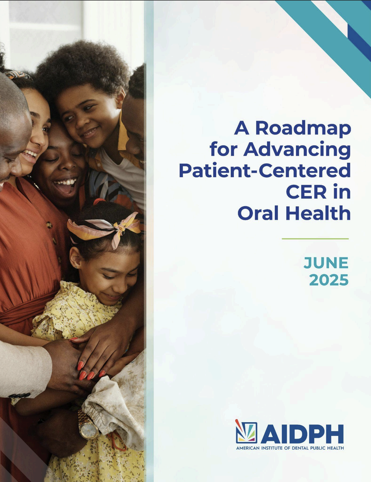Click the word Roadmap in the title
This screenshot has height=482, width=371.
click(x=303, y=128)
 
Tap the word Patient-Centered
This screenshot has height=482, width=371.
click(x=265, y=171)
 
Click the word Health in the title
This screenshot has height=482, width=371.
click(x=318, y=213)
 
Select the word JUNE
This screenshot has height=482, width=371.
click(x=326, y=263)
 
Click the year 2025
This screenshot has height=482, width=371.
click(x=329, y=280)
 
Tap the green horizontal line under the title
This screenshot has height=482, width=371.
click(x=315, y=239)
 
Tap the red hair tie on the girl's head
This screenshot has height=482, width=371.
click(x=99, y=201)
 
